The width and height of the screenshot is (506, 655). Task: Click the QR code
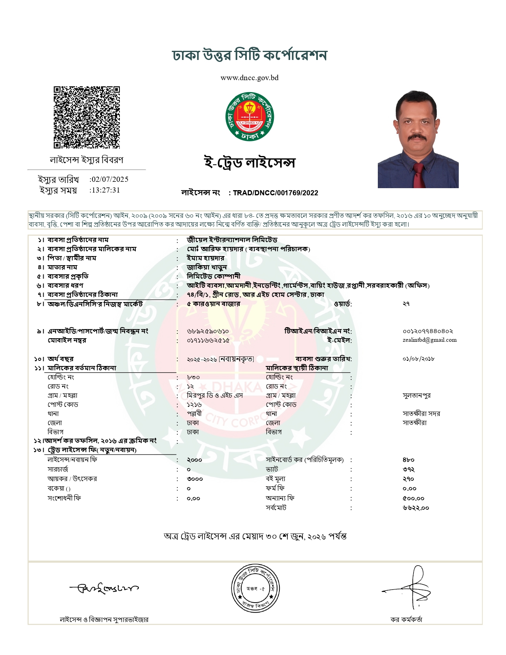tap(87, 118)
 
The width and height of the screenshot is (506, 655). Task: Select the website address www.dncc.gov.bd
tap(249, 78)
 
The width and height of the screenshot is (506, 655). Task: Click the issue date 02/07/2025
tap(110, 179)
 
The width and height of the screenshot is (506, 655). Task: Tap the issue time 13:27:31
tap(106, 190)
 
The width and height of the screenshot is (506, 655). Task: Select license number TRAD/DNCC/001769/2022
tap(275, 193)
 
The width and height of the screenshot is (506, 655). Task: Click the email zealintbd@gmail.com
tap(429, 340)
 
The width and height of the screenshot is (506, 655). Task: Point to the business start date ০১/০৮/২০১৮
tap(418, 359)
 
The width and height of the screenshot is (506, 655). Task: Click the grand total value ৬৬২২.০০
tap(416, 508)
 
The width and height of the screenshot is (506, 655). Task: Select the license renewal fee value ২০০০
tap(194, 460)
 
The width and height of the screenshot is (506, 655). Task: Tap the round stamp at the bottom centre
tap(256, 589)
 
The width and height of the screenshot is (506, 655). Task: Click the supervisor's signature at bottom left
tap(104, 588)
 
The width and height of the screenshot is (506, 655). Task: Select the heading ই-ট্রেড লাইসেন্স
tap(250, 163)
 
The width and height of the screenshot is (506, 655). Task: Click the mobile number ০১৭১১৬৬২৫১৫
tap(208, 341)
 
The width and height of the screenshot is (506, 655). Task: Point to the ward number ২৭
tap(406, 304)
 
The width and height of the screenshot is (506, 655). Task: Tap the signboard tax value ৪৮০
tap(408, 460)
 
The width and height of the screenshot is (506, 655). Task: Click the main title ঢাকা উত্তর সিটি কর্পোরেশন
tap(250, 55)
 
